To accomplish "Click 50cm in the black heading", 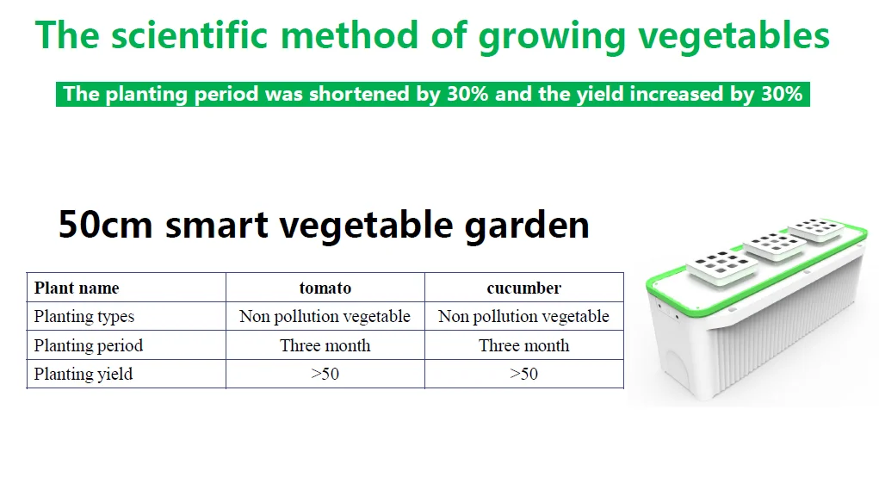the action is (x=105, y=224).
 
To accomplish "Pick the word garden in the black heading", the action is (x=527, y=226).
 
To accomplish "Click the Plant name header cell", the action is (x=77, y=288).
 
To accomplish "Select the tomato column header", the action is (x=325, y=288).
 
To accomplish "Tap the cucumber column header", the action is (x=523, y=288).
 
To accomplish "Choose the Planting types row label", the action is (x=84, y=316).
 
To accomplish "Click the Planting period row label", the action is (x=89, y=345).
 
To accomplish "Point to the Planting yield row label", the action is (x=84, y=374).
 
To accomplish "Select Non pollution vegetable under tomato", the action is (x=325, y=316).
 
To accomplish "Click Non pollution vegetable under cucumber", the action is (x=523, y=316).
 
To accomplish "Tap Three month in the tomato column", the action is (x=325, y=345).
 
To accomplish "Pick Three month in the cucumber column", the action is (x=523, y=345).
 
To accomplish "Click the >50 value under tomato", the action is (x=325, y=374).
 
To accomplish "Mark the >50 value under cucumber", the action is (x=523, y=374).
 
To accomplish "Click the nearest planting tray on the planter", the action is (x=722, y=265).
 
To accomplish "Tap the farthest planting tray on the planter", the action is (x=816, y=230).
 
